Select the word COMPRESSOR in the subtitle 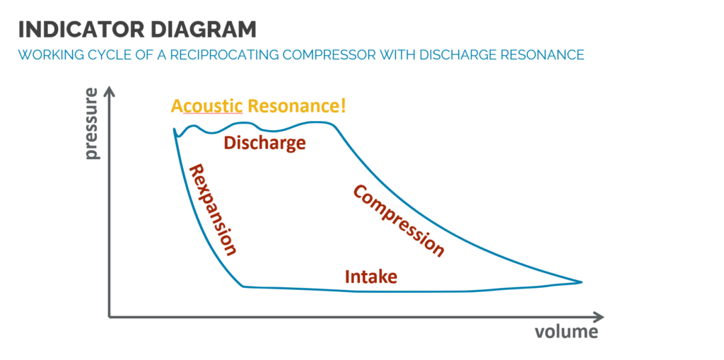(325, 55)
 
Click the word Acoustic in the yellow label (207, 107)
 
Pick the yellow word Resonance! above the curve (296, 106)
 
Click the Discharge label (264, 144)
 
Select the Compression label (399, 221)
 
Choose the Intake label (371, 277)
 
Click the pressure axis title (93, 124)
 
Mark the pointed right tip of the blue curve (582, 282)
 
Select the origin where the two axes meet (110, 317)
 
